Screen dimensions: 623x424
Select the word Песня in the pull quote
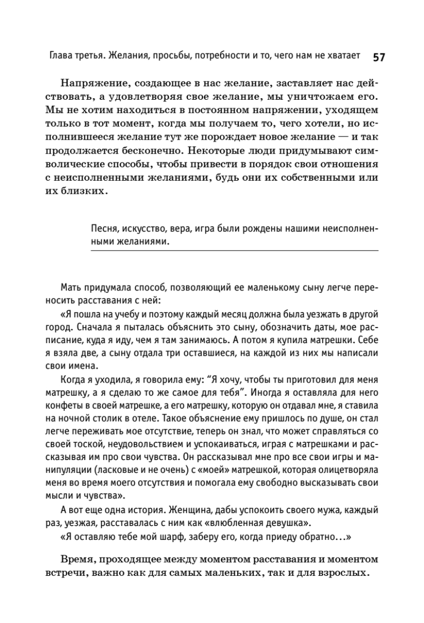[x=103, y=229]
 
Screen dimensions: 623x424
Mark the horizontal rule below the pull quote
[x=234, y=251]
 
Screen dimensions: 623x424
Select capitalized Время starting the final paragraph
[x=79, y=561]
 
